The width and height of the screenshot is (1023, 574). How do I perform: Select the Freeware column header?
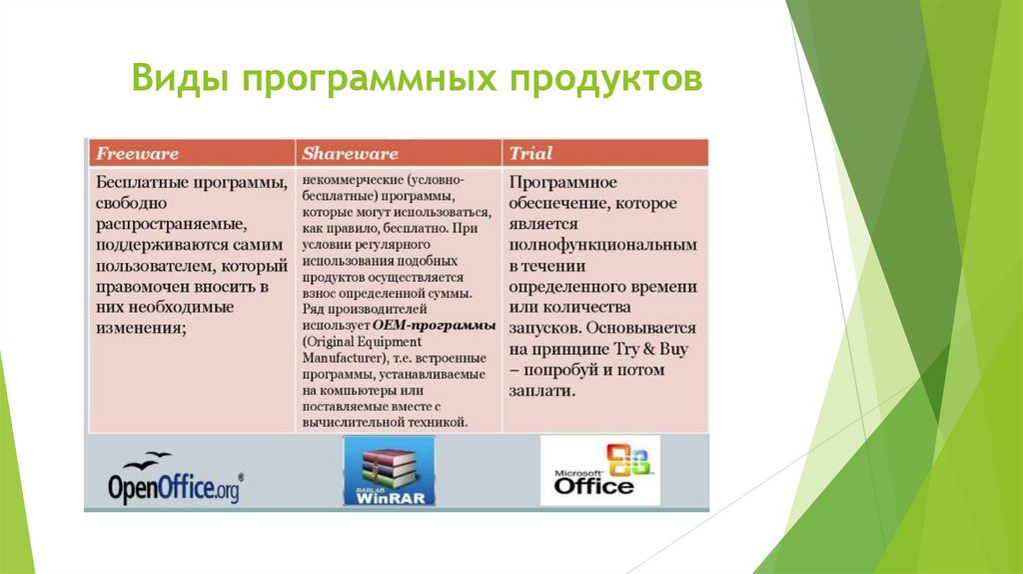pyautogui.click(x=137, y=154)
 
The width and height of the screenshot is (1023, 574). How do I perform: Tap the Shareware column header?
pyautogui.click(x=350, y=154)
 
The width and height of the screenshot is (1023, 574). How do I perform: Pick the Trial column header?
pyautogui.click(x=530, y=154)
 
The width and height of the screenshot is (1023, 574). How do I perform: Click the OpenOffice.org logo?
pyautogui.click(x=175, y=481)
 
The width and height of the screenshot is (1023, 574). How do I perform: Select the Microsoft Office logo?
pyautogui.click(x=600, y=470)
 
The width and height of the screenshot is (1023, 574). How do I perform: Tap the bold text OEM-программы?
pyautogui.click(x=435, y=326)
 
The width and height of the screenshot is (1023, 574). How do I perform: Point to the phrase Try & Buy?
pyautogui.click(x=655, y=349)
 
